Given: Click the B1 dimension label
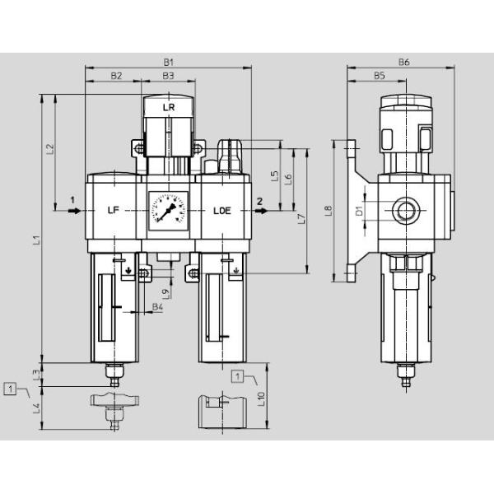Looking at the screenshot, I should pyautogui.click(x=168, y=61).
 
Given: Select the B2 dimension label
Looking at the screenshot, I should pyautogui.click(x=116, y=75).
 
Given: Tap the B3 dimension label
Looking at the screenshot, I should pyautogui.click(x=167, y=75).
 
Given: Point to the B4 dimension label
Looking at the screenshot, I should pyautogui.click(x=157, y=309).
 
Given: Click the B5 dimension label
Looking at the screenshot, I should pyautogui.click(x=380, y=75).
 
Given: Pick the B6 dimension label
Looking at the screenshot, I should pyautogui.click(x=403, y=62).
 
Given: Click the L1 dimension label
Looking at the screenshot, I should pyautogui.click(x=35, y=240).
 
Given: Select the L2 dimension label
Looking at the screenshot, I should pyautogui.click(x=49, y=149).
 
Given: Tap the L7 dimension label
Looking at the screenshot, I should pyautogui.click(x=301, y=219).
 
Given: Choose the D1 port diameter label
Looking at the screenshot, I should pyautogui.click(x=359, y=212).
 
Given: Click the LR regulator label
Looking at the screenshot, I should pyautogui.click(x=168, y=108).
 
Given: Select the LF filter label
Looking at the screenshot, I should pyautogui.click(x=114, y=211).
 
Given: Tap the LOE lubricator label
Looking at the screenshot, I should pyautogui.click(x=222, y=211).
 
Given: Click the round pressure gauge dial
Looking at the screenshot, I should pyautogui.click(x=168, y=211).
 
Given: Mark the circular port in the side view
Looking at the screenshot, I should pyautogui.click(x=403, y=212).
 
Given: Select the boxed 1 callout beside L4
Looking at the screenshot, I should pyautogui.click(x=10, y=387).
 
